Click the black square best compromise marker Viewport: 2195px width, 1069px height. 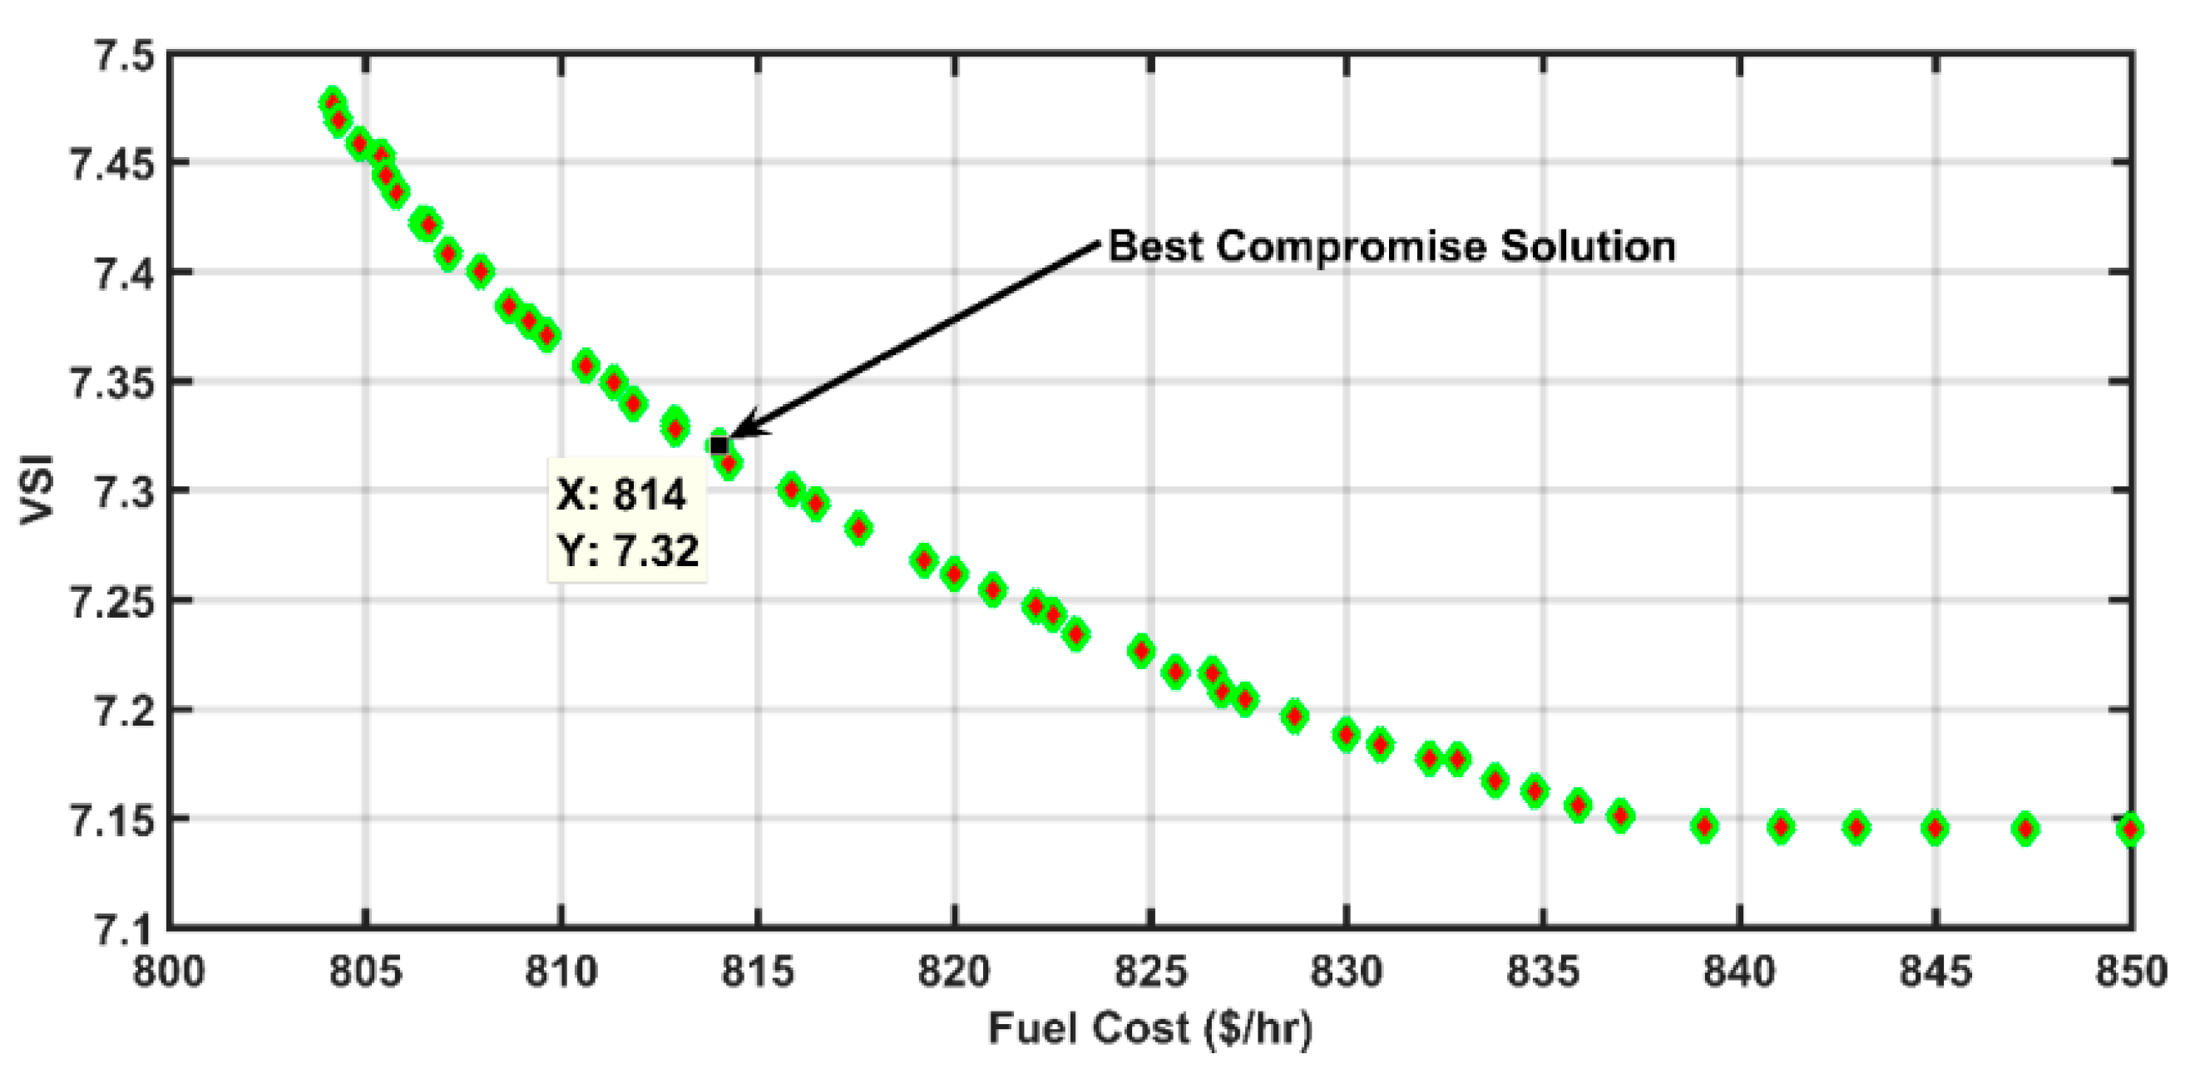click(x=719, y=446)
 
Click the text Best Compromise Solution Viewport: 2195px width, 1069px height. click(x=1392, y=246)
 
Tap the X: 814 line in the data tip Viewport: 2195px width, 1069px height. click(x=621, y=495)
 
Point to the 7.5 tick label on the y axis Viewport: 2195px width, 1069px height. click(x=124, y=57)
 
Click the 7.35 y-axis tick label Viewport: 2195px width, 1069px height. click(x=111, y=382)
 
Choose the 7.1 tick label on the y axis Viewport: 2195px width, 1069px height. click(x=124, y=929)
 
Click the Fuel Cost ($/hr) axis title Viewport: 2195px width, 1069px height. click(x=1150, y=1028)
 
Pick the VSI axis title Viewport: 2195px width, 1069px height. click(x=37, y=490)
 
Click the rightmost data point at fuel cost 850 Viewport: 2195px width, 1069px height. click(x=2130, y=829)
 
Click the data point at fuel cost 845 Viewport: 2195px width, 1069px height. click(x=1935, y=828)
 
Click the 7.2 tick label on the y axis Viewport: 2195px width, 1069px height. click(x=124, y=710)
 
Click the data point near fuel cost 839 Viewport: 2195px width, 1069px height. click(x=1704, y=826)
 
